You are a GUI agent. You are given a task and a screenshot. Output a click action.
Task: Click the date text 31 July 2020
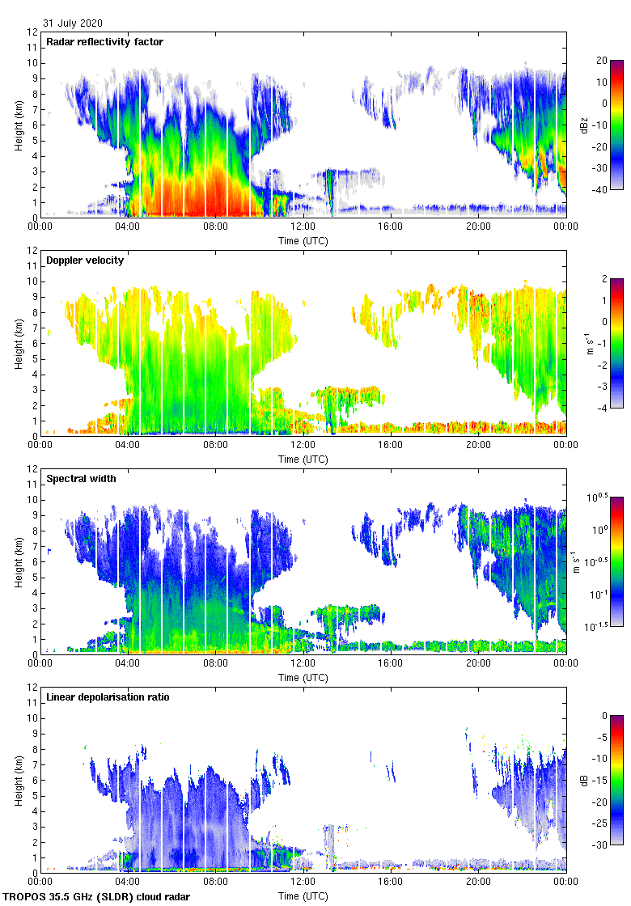(73, 23)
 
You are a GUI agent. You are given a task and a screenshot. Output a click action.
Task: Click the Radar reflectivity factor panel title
(104, 42)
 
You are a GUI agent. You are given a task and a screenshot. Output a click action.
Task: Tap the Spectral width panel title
(80, 479)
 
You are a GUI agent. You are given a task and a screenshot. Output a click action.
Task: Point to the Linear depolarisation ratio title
(108, 697)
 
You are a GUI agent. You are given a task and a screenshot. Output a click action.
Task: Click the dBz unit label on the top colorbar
(583, 125)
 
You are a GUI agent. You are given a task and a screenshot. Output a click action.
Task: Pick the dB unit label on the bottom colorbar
(583, 780)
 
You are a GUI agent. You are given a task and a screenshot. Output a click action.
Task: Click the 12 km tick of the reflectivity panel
(32, 32)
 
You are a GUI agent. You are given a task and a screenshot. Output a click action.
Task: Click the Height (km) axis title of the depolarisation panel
(18, 780)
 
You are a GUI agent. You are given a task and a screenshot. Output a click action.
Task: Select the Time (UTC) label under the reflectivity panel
(303, 240)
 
